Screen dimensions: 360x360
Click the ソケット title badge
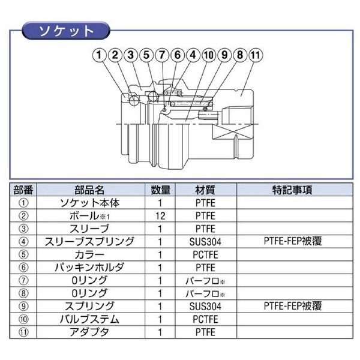66,31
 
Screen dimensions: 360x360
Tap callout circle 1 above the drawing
99,55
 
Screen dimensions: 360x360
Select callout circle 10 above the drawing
209,55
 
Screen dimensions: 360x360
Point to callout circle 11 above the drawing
256,55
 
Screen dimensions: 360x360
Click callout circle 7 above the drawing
162,55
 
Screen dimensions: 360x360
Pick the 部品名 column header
89,190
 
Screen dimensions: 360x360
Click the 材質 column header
205,190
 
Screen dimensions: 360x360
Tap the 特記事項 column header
292,190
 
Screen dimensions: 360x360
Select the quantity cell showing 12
160,216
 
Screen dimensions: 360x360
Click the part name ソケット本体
89,203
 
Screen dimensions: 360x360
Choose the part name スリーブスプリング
89,242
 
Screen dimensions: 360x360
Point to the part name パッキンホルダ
89,268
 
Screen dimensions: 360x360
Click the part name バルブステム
89,319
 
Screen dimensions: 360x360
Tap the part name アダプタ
89,332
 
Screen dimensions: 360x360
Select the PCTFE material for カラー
205,254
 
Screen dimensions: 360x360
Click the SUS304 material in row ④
205,242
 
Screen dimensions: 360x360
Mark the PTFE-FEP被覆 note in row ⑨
293,306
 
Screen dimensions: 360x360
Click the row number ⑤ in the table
23,254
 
